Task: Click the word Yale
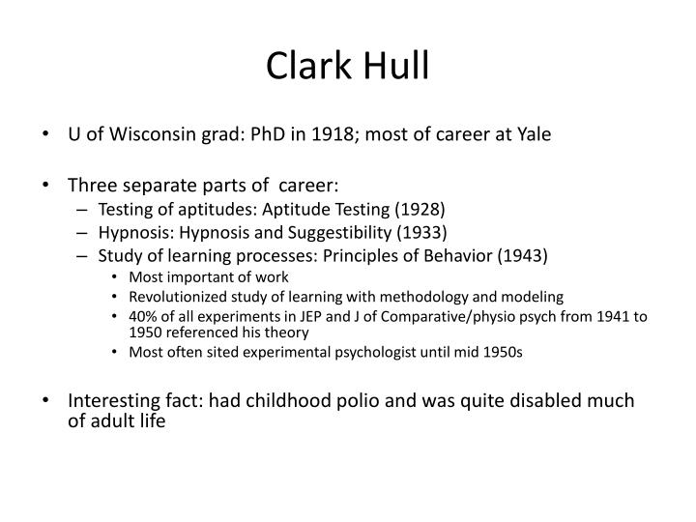(533, 134)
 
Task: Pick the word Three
(92, 184)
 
